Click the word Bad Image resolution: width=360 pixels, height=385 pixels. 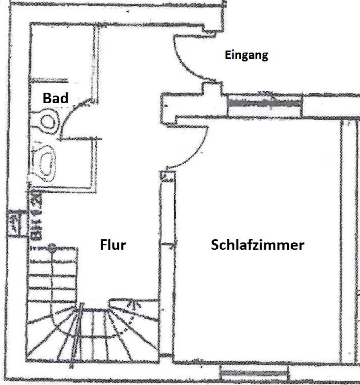[56, 98]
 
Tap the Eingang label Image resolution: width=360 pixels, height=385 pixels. [246, 55]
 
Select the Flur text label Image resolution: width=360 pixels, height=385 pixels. [113, 245]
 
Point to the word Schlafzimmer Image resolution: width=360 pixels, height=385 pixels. [257, 245]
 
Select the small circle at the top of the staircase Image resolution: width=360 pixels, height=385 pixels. [51, 247]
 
